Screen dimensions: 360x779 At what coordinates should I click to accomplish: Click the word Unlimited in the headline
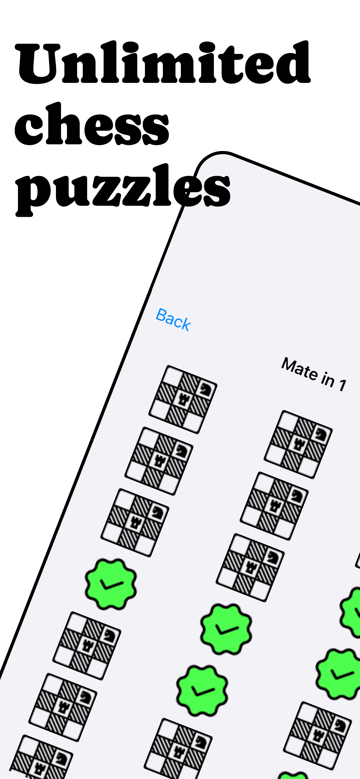(x=163, y=63)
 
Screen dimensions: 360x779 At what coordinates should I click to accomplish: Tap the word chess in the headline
(x=92, y=124)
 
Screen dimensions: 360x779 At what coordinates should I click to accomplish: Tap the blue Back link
(x=173, y=320)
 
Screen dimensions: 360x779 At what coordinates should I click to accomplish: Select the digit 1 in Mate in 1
(x=342, y=385)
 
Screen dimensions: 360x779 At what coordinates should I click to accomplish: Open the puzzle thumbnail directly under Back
(x=183, y=399)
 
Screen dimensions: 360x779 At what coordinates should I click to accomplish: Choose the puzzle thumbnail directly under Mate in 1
(x=298, y=445)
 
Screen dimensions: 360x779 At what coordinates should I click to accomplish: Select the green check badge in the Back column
(x=111, y=584)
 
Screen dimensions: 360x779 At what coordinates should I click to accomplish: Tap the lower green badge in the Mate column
(x=202, y=691)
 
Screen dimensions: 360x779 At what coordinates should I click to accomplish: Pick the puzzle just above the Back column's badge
(x=135, y=523)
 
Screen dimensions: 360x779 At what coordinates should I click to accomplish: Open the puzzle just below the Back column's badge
(x=87, y=646)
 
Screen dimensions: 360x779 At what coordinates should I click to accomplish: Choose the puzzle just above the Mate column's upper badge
(x=250, y=568)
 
